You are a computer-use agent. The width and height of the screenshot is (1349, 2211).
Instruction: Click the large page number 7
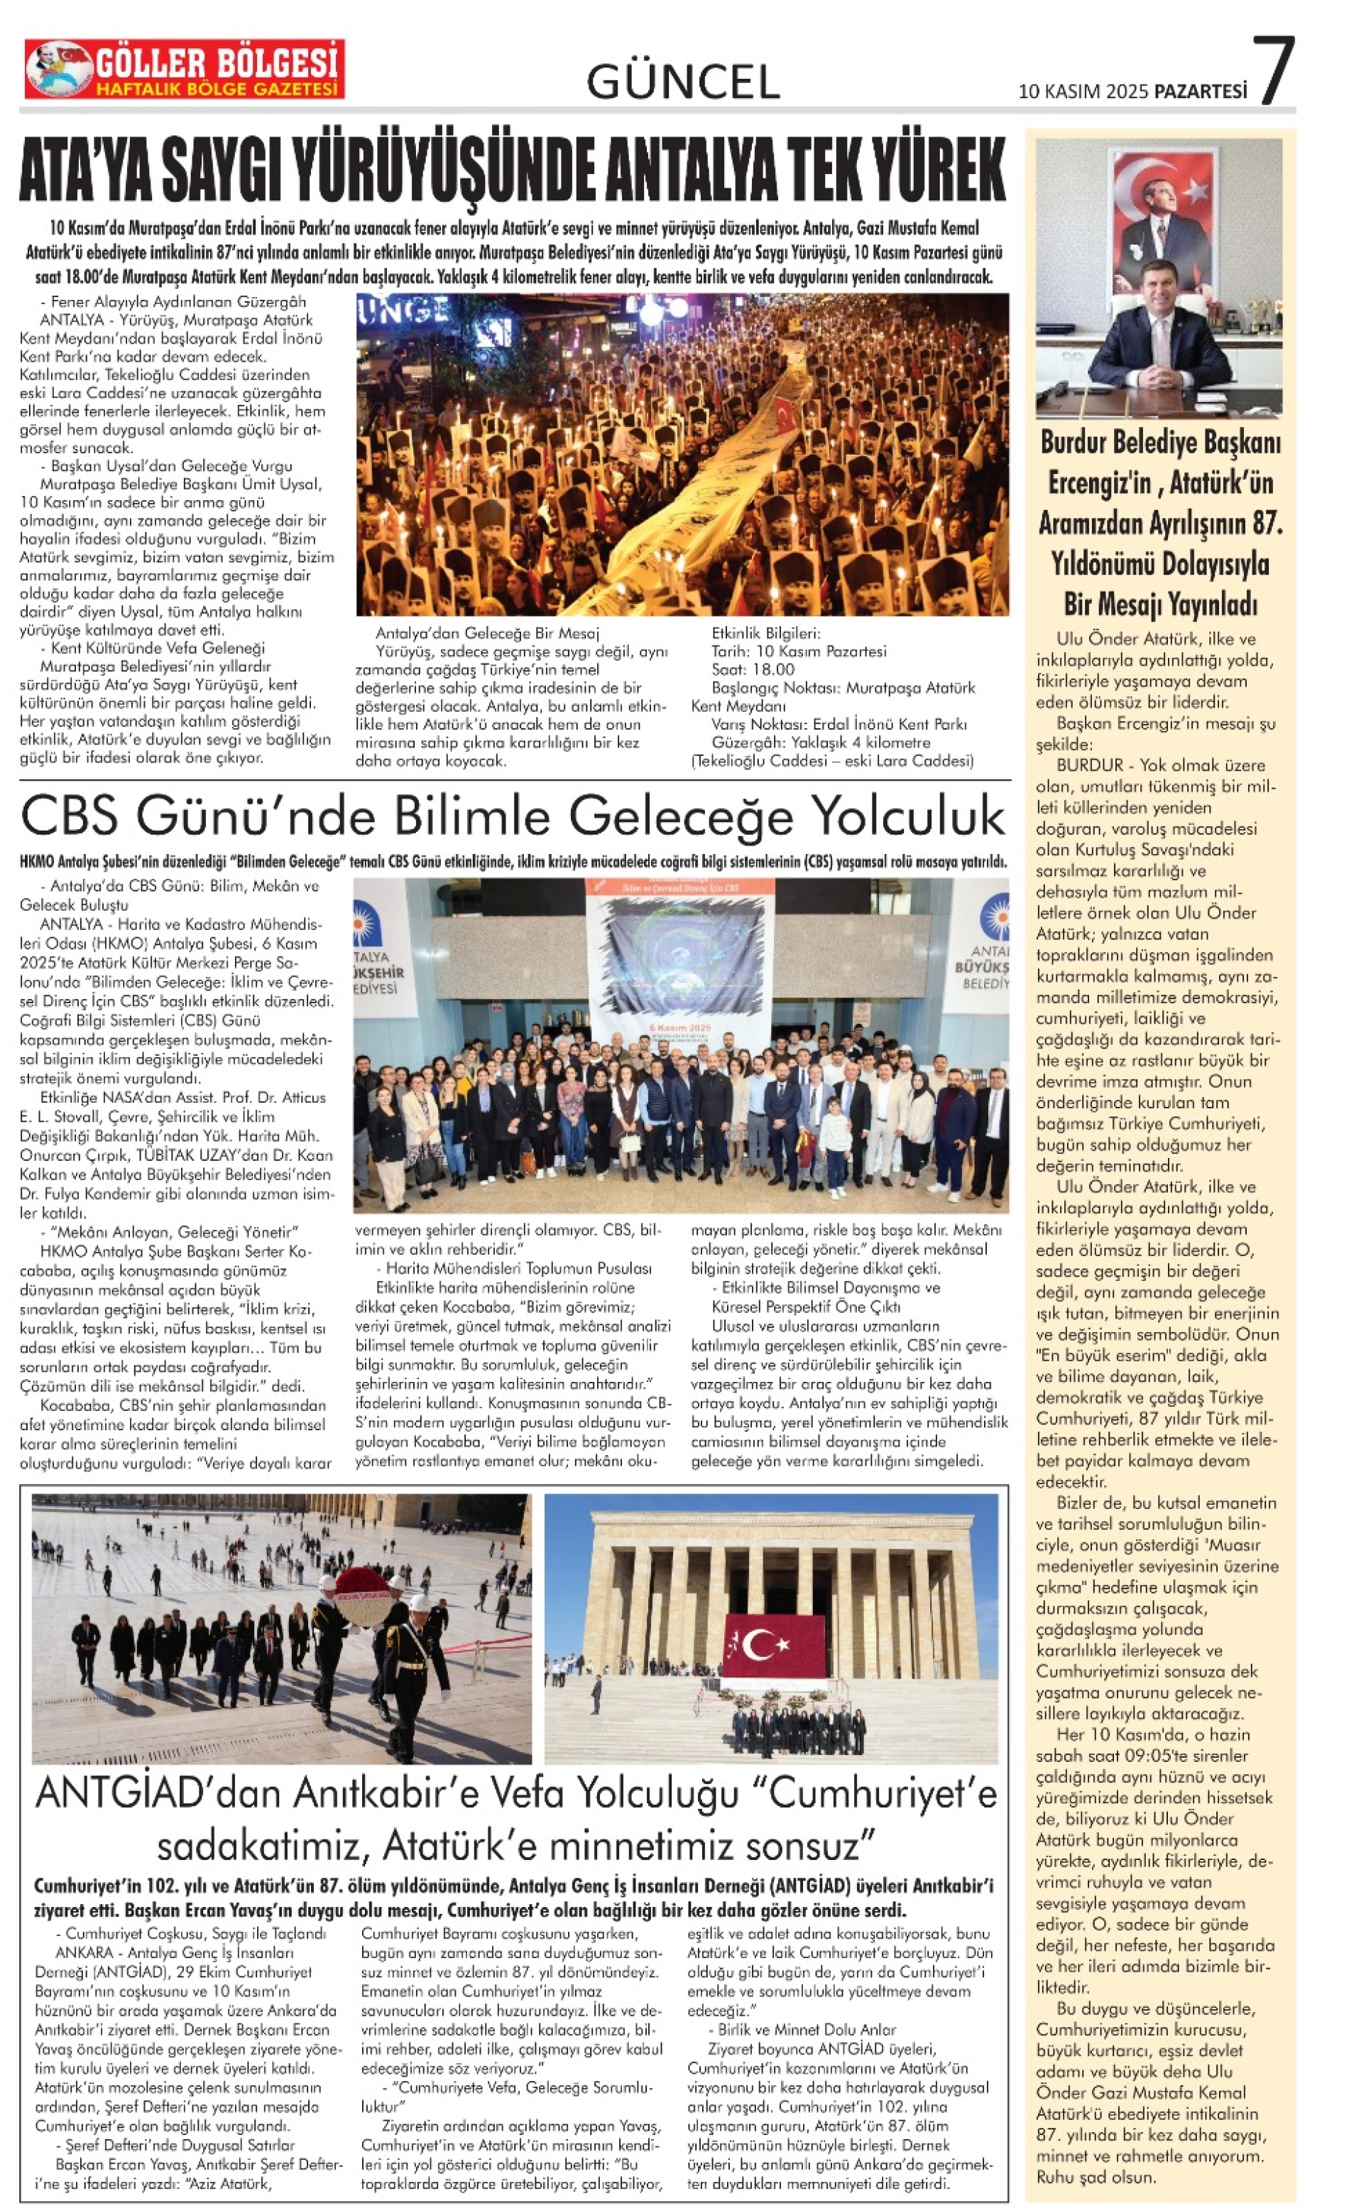pyautogui.click(x=1274, y=71)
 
